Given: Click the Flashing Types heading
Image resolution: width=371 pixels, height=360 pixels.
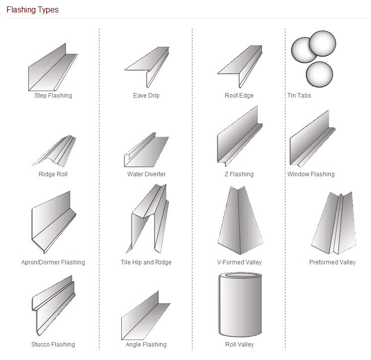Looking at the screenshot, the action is click(32, 10).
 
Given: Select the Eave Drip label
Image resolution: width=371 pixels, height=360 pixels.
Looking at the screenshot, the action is click(146, 96).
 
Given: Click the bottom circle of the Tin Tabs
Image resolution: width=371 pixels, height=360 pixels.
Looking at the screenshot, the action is click(319, 74).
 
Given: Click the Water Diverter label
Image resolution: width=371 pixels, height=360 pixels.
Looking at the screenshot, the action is click(146, 174).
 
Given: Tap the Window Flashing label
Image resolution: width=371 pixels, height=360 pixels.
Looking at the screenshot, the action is click(311, 174).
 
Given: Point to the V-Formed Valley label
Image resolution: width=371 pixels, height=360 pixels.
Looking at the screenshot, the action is click(239, 262).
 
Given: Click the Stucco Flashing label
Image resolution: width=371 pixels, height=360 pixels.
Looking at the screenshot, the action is click(53, 345).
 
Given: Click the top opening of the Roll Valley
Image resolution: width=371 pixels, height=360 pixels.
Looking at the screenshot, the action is click(241, 276).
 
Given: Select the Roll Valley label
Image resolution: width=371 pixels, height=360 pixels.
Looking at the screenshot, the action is click(239, 345).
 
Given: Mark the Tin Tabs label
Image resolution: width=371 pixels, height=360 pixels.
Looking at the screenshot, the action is click(299, 96).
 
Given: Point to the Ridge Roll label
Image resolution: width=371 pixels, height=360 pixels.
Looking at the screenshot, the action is click(53, 174).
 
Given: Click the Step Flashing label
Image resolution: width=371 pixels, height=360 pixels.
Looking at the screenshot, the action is click(53, 96).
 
